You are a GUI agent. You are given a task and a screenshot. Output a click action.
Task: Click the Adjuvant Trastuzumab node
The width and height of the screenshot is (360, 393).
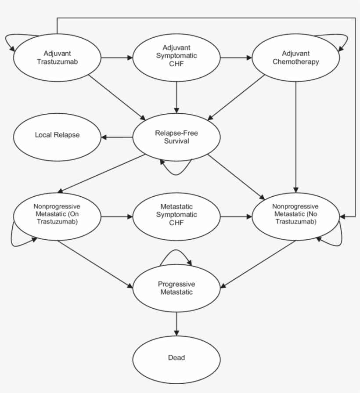57,58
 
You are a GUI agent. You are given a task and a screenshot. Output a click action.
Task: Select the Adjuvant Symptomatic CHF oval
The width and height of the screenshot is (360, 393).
176,58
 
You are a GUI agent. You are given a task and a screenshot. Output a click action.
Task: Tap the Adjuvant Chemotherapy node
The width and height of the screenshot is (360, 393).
295,58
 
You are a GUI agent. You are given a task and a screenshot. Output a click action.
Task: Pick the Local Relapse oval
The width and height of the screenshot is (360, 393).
57,137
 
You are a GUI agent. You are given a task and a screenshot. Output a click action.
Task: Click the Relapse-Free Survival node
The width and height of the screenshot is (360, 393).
176,137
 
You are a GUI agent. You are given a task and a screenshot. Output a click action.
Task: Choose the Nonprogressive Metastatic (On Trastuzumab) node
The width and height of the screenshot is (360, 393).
57,216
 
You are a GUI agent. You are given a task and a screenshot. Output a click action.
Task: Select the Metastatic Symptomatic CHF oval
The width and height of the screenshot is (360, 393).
176,216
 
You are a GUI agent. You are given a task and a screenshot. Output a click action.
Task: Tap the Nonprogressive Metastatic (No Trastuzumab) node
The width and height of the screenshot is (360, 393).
295,216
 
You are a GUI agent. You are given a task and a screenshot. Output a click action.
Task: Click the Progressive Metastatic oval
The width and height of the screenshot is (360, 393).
176,288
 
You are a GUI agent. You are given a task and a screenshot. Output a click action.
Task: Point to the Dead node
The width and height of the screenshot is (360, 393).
176,360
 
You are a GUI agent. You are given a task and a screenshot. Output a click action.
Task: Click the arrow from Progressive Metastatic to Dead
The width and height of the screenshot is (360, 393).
176,324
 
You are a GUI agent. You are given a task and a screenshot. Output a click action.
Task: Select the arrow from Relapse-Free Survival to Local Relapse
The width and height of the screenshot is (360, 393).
117,137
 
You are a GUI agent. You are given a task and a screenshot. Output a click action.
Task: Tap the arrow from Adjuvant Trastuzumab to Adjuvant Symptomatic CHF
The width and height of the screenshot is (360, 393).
117,58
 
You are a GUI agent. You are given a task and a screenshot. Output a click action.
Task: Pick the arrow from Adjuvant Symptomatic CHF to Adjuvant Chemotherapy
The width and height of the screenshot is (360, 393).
236,58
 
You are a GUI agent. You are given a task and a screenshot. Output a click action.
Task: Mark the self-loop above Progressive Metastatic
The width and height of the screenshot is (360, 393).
176,250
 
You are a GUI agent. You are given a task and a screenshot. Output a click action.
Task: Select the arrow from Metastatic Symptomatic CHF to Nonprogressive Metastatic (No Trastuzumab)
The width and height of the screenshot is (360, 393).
236,216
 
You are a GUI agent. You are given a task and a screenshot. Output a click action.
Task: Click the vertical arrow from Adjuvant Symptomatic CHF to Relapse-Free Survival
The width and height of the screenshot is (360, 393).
176,97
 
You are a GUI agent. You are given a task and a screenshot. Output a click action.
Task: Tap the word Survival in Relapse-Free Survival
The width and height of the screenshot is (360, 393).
176,141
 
